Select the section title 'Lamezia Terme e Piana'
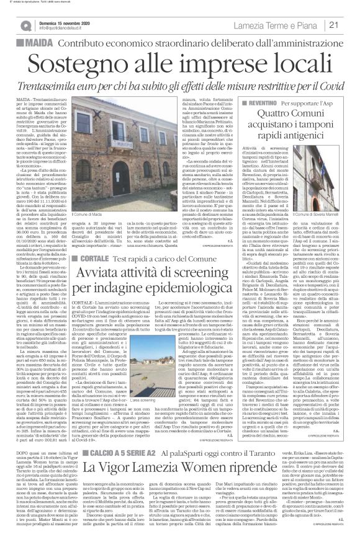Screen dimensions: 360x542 click(282, 25)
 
